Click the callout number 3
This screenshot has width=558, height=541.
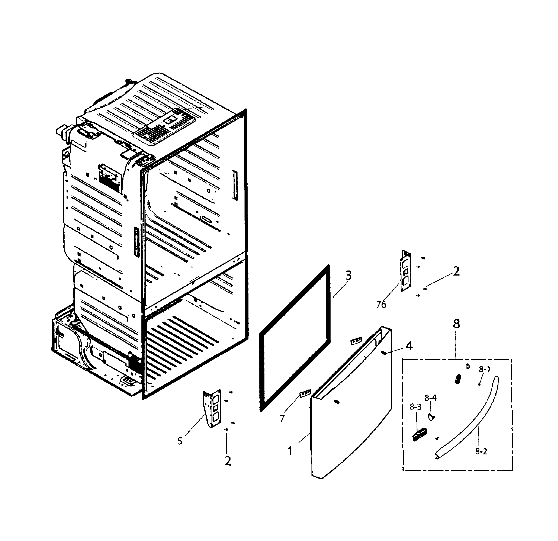pyautogui.click(x=349, y=275)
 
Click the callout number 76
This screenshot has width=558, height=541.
pyautogui.click(x=381, y=304)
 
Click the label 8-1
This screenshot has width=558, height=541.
pyautogui.click(x=484, y=369)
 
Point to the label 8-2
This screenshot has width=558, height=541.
pyautogui.click(x=481, y=452)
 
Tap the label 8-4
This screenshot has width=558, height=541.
pyautogui.click(x=430, y=398)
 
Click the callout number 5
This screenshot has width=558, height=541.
pyautogui.click(x=180, y=441)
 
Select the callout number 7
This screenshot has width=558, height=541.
pyautogui.click(x=282, y=419)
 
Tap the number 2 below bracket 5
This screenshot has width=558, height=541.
pyautogui.click(x=227, y=461)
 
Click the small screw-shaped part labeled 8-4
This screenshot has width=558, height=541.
pyautogui.click(x=431, y=417)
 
